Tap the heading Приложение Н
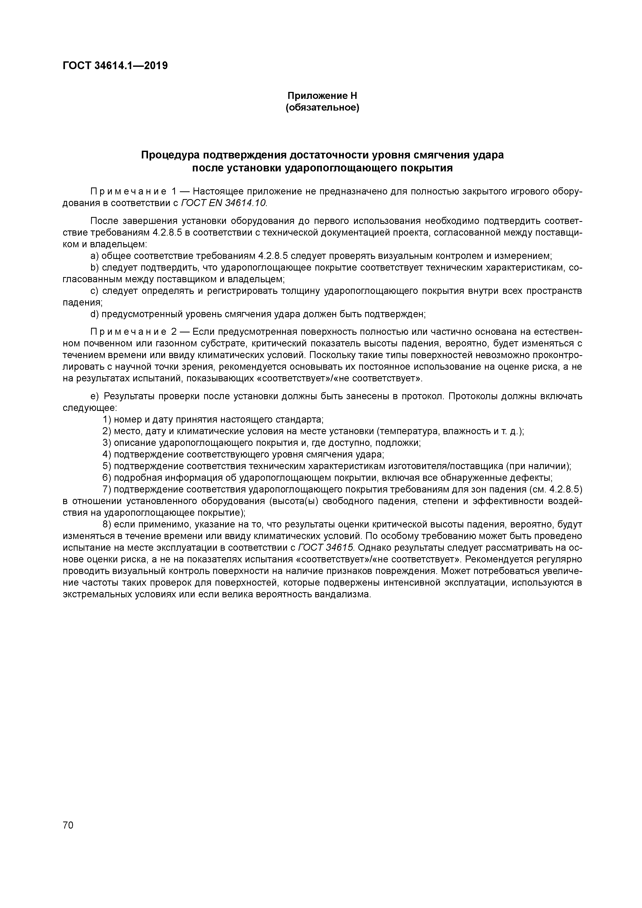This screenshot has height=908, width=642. (322, 96)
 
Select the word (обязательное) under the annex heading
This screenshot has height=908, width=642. (322, 107)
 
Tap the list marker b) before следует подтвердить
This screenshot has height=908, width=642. (94, 268)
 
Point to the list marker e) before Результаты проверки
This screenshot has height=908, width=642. (94, 396)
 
